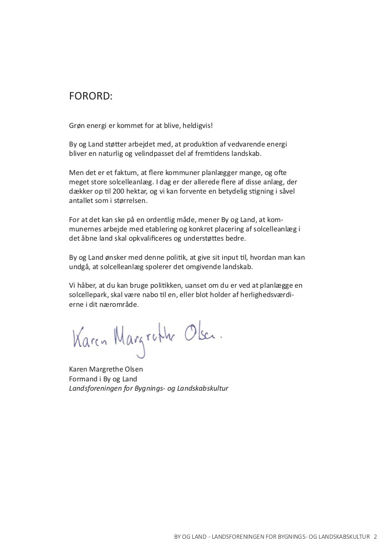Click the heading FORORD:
coord(91,97)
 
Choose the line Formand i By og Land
coord(103,378)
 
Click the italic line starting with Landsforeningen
coord(149,388)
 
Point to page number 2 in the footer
coord(375,537)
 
